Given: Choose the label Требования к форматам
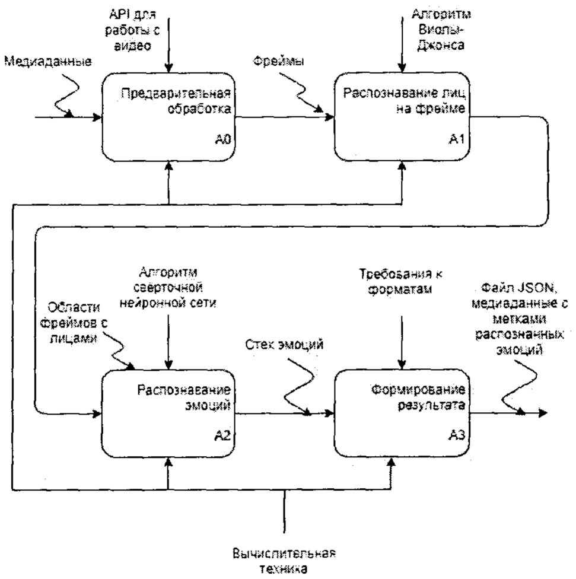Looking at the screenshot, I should (x=403, y=282).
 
